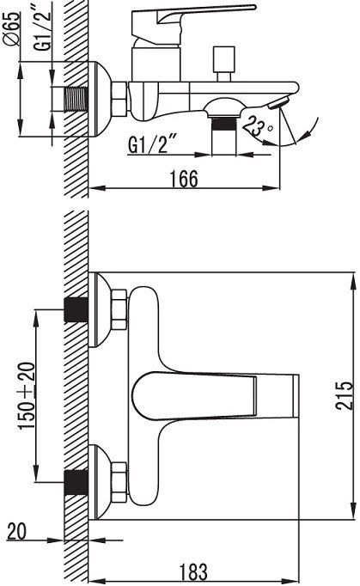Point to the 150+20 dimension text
(26, 396)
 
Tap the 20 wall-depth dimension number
(16, 531)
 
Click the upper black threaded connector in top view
(78, 309)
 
